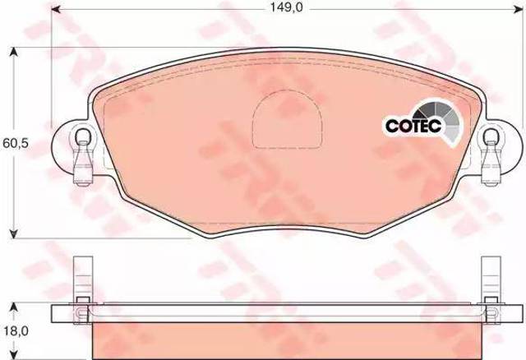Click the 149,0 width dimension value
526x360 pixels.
(286, 7)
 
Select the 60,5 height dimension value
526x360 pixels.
(16, 143)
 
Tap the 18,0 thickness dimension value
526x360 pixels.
(16, 331)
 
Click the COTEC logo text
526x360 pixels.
(413, 126)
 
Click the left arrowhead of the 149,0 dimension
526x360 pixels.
(56, 10)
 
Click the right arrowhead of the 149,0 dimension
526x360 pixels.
(519, 10)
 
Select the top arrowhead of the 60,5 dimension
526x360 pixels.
(13, 53)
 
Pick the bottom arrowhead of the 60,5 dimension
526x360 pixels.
(13, 233)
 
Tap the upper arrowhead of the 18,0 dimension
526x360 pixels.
(13, 308)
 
